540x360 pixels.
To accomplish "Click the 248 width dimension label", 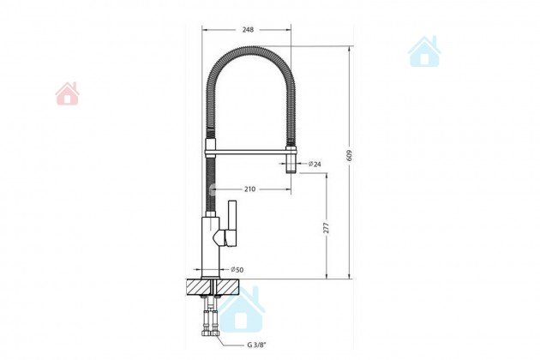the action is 248,30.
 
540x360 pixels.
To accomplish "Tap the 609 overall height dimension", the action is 350,156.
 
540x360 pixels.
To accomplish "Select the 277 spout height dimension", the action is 327,228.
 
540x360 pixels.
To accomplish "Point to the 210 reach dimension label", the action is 250,189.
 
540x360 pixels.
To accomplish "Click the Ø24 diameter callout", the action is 315,165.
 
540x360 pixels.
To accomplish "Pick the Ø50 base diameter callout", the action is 237,269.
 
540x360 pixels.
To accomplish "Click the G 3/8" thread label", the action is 256,345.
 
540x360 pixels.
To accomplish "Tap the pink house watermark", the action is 67,93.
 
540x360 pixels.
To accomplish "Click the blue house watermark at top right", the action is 424,51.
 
